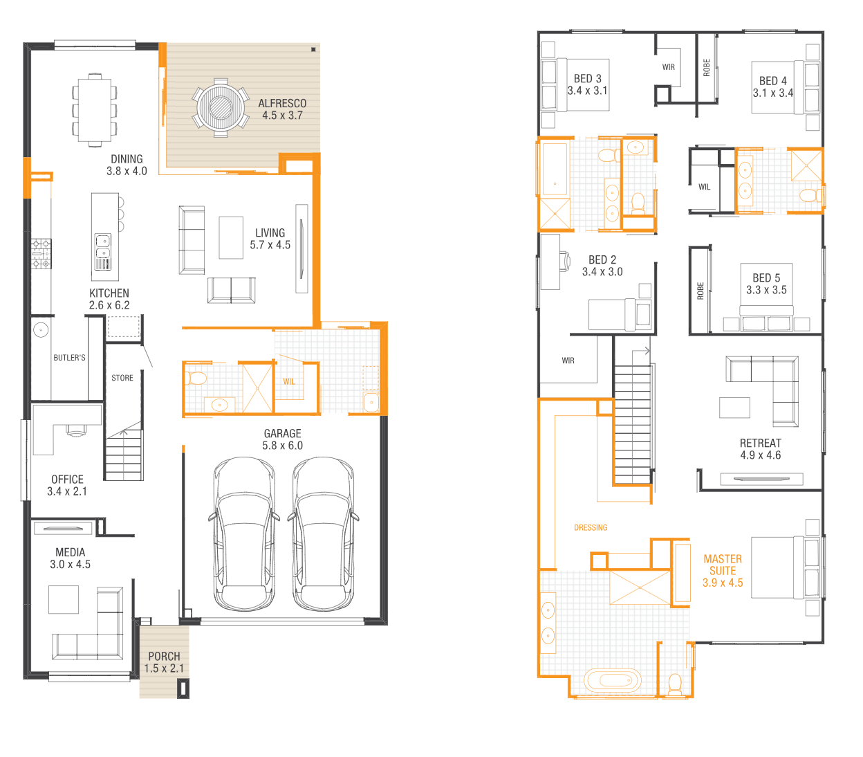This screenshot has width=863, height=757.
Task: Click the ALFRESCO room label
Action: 282,104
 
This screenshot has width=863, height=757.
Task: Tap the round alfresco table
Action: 220,107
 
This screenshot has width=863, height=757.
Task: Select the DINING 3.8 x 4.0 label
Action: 127,165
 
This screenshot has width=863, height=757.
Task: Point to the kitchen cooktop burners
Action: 41,254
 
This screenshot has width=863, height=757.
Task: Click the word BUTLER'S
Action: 69,358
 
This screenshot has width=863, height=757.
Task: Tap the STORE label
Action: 122,378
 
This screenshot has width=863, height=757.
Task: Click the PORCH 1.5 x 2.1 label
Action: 164,662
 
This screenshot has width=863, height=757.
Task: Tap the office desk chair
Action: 76,431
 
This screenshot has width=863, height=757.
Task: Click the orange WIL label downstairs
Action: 289,381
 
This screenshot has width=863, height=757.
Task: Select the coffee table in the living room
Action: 231,237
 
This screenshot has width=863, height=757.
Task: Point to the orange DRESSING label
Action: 591,528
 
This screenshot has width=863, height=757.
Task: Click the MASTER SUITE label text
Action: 723,565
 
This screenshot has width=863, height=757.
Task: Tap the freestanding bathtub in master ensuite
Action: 612,681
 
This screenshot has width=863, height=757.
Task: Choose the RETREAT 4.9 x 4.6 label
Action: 761,449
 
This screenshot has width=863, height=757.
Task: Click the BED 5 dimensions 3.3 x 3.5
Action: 766,290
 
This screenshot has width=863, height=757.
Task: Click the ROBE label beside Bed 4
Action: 707,68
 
